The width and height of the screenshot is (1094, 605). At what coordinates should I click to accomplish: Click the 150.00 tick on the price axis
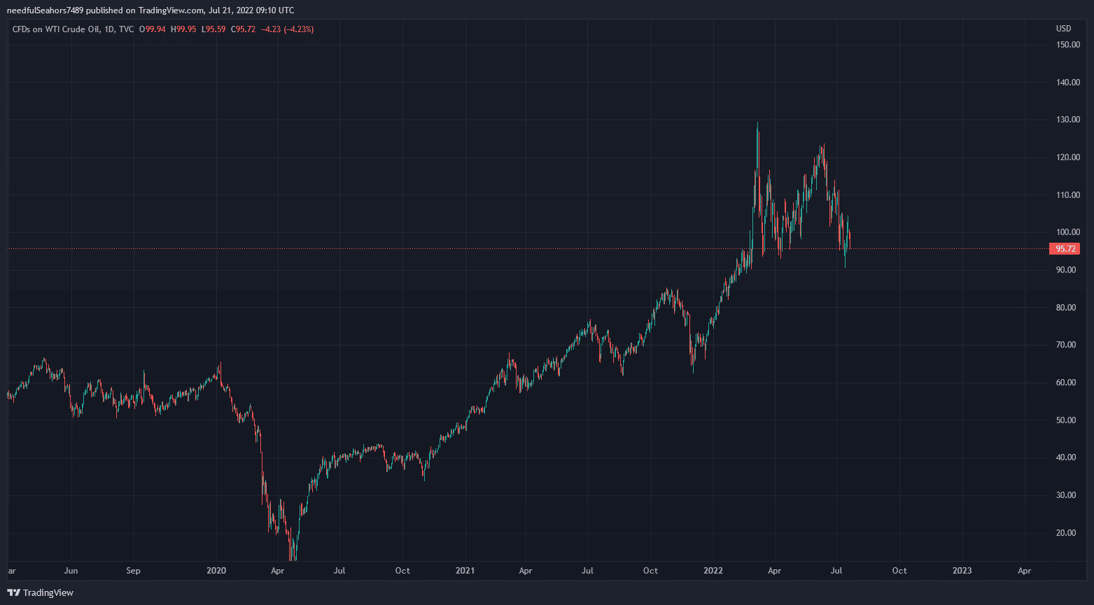1067,45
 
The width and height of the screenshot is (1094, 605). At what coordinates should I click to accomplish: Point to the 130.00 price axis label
1067,120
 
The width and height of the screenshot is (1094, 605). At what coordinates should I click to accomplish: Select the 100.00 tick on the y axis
1067,232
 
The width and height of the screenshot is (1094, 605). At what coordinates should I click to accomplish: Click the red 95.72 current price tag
1065,249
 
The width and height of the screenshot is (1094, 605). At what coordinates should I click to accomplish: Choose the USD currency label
1063,29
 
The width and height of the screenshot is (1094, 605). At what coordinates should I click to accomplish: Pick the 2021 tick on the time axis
465,571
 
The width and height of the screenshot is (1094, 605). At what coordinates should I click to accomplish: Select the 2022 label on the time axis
713,571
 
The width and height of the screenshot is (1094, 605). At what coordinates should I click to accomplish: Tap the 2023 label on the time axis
962,571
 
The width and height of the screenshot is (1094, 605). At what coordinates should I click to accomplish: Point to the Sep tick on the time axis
133,571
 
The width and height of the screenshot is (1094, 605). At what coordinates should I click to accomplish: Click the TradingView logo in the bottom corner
40,593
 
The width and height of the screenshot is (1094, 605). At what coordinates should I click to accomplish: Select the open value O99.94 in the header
152,29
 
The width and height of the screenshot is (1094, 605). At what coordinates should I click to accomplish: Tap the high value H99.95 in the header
183,29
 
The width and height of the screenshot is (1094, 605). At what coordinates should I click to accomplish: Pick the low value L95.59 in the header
213,29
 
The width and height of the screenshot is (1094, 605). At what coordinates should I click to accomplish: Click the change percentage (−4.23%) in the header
298,29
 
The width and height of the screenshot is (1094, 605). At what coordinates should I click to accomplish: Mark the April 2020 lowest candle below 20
293,556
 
